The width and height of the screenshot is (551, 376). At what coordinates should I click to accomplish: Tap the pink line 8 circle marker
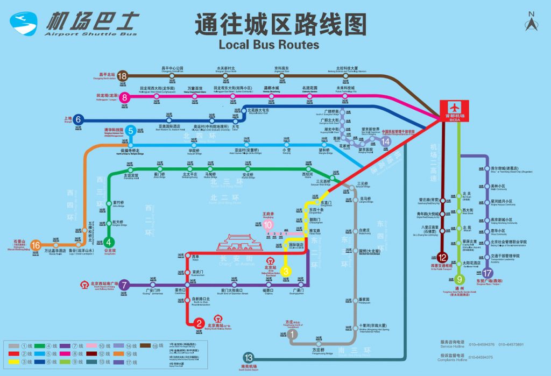pyautogui.click(x=125, y=97)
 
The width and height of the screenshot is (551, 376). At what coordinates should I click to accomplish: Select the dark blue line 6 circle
pyautogui.click(x=79, y=119)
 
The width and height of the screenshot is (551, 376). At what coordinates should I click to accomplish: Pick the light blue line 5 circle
pyautogui.click(x=131, y=130)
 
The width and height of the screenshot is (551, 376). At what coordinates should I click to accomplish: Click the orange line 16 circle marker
pyautogui.click(x=36, y=246)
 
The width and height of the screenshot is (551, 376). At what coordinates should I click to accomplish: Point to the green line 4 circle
pyautogui.click(x=109, y=242)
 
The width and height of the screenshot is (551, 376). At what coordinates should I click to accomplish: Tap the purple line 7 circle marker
pyautogui.click(x=124, y=285)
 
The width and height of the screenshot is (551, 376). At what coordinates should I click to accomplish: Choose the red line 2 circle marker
pyautogui.click(x=200, y=323)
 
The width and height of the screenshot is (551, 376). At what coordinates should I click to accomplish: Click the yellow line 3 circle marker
pyautogui.click(x=287, y=271)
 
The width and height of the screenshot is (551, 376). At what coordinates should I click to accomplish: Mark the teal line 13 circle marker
pyautogui.click(x=248, y=357)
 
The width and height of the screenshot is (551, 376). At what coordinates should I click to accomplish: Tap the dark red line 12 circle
pyautogui.click(x=442, y=257)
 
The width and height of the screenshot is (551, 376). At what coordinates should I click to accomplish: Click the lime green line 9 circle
pyautogui.click(x=460, y=279)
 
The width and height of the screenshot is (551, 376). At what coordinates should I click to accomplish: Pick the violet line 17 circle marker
pyautogui.click(x=488, y=273)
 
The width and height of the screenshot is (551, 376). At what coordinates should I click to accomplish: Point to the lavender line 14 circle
pyautogui.click(x=385, y=141)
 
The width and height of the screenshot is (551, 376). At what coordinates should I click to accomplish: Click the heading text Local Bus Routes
pyautogui.click(x=269, y=45)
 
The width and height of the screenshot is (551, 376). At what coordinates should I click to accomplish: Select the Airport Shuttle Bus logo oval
pyautogui.click(x=23, y=23)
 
